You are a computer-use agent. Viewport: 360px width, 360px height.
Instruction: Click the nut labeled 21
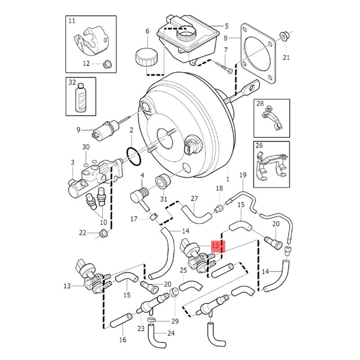click(x=284, y=35)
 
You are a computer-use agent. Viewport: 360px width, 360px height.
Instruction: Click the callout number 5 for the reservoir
click(x=226, y=26)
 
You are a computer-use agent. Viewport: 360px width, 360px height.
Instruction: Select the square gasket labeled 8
click(x=257, y=54)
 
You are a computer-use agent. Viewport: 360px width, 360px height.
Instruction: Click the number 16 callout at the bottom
click(x=122, y=340)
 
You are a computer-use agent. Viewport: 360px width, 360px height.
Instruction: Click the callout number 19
click(x=243, y=175)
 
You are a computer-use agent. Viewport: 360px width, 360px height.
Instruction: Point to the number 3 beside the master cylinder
click(x=72, y=162)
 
